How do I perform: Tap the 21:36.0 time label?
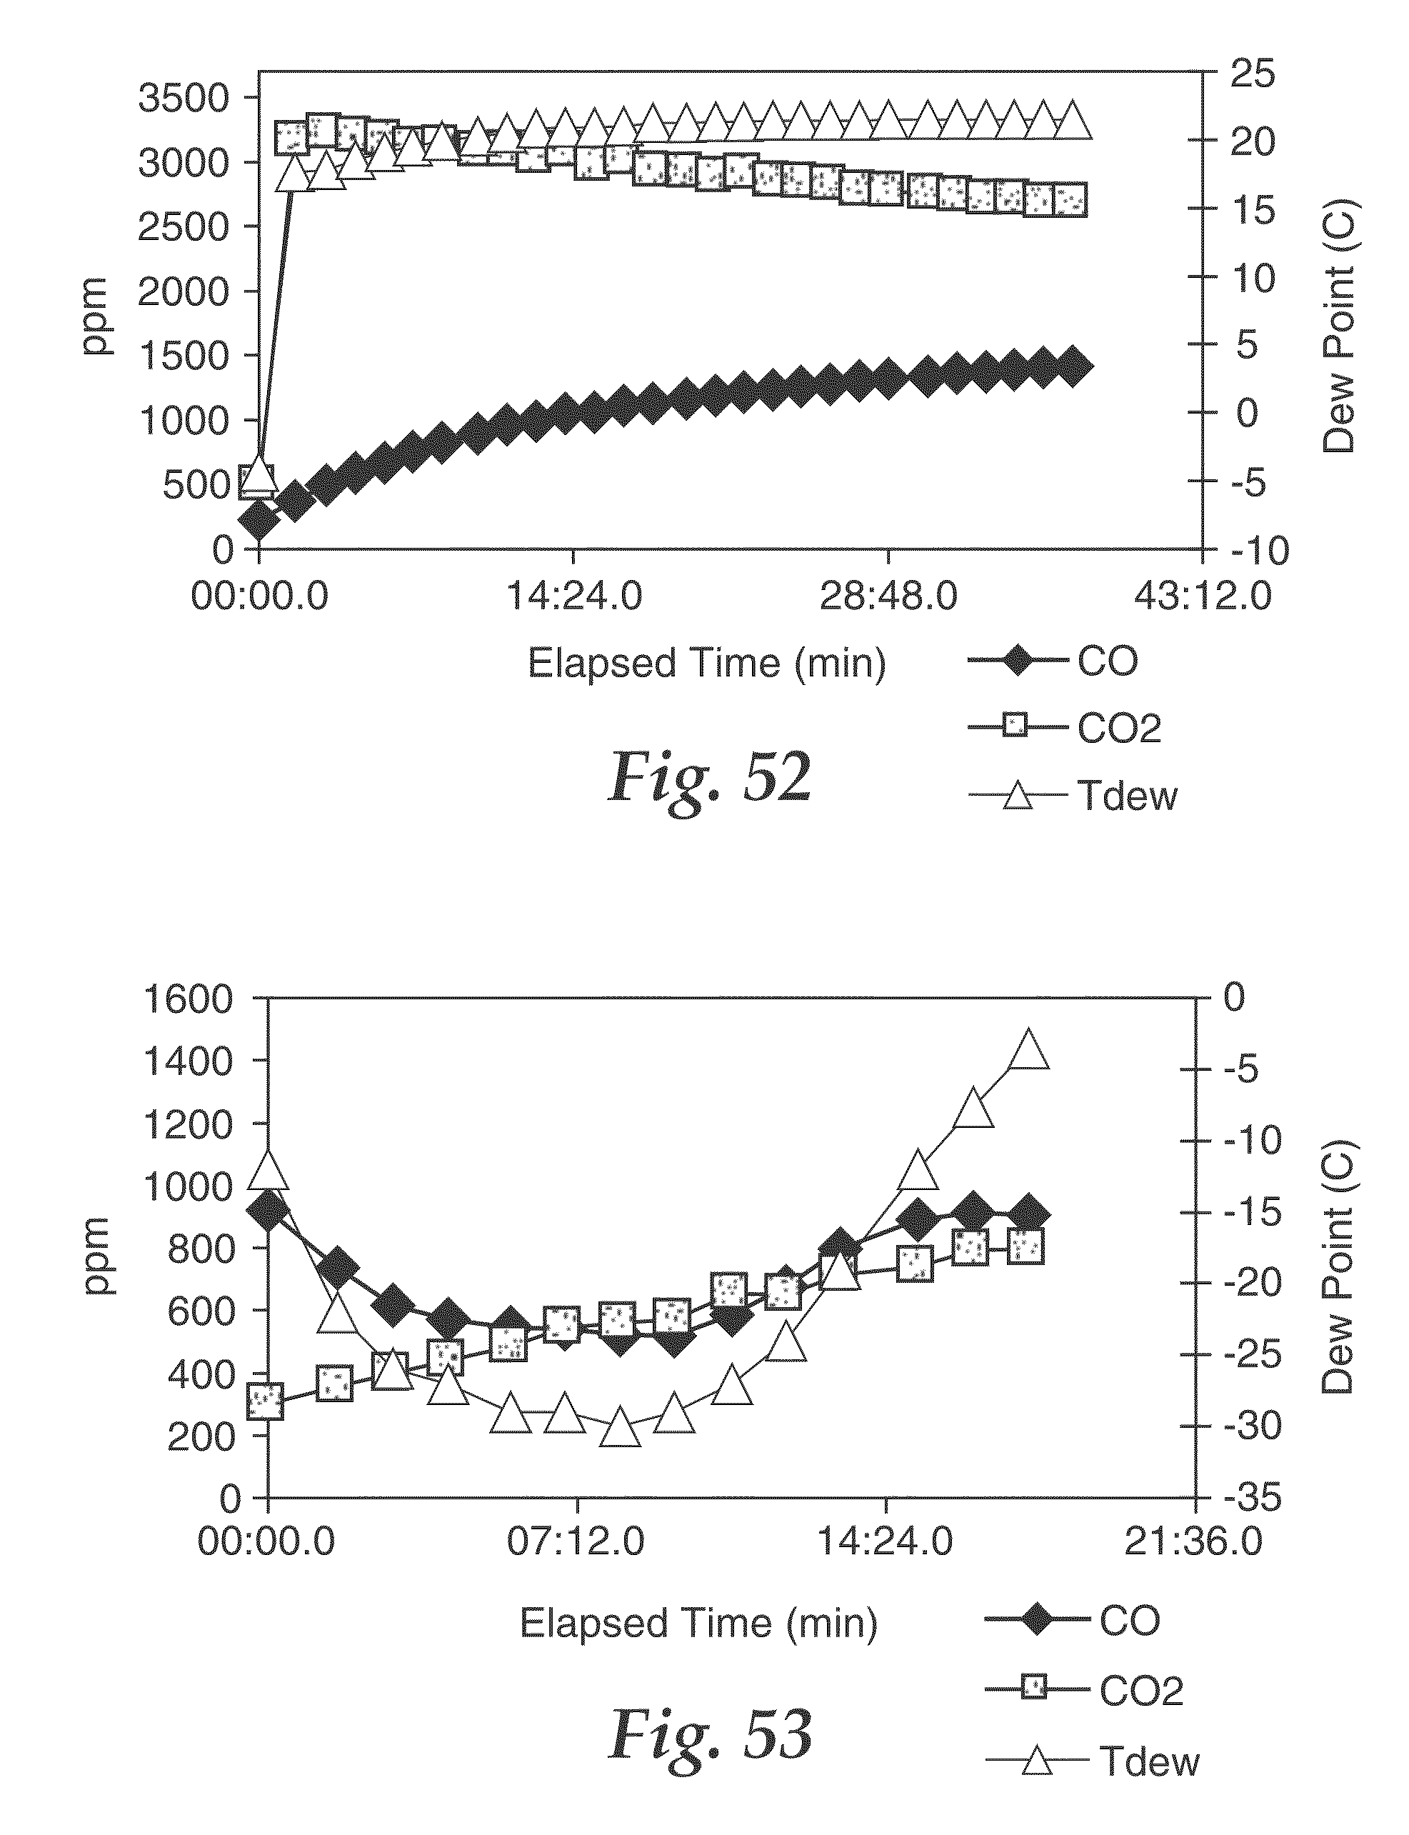coord(1193,1541)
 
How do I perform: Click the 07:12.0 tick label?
coord(576,1541)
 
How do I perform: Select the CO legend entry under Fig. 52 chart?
coord(1053,661)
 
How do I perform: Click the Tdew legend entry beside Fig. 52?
coord(1073,796)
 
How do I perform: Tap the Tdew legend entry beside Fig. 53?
coord(1093,1761)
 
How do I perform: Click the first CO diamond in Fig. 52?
coord(259,521)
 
